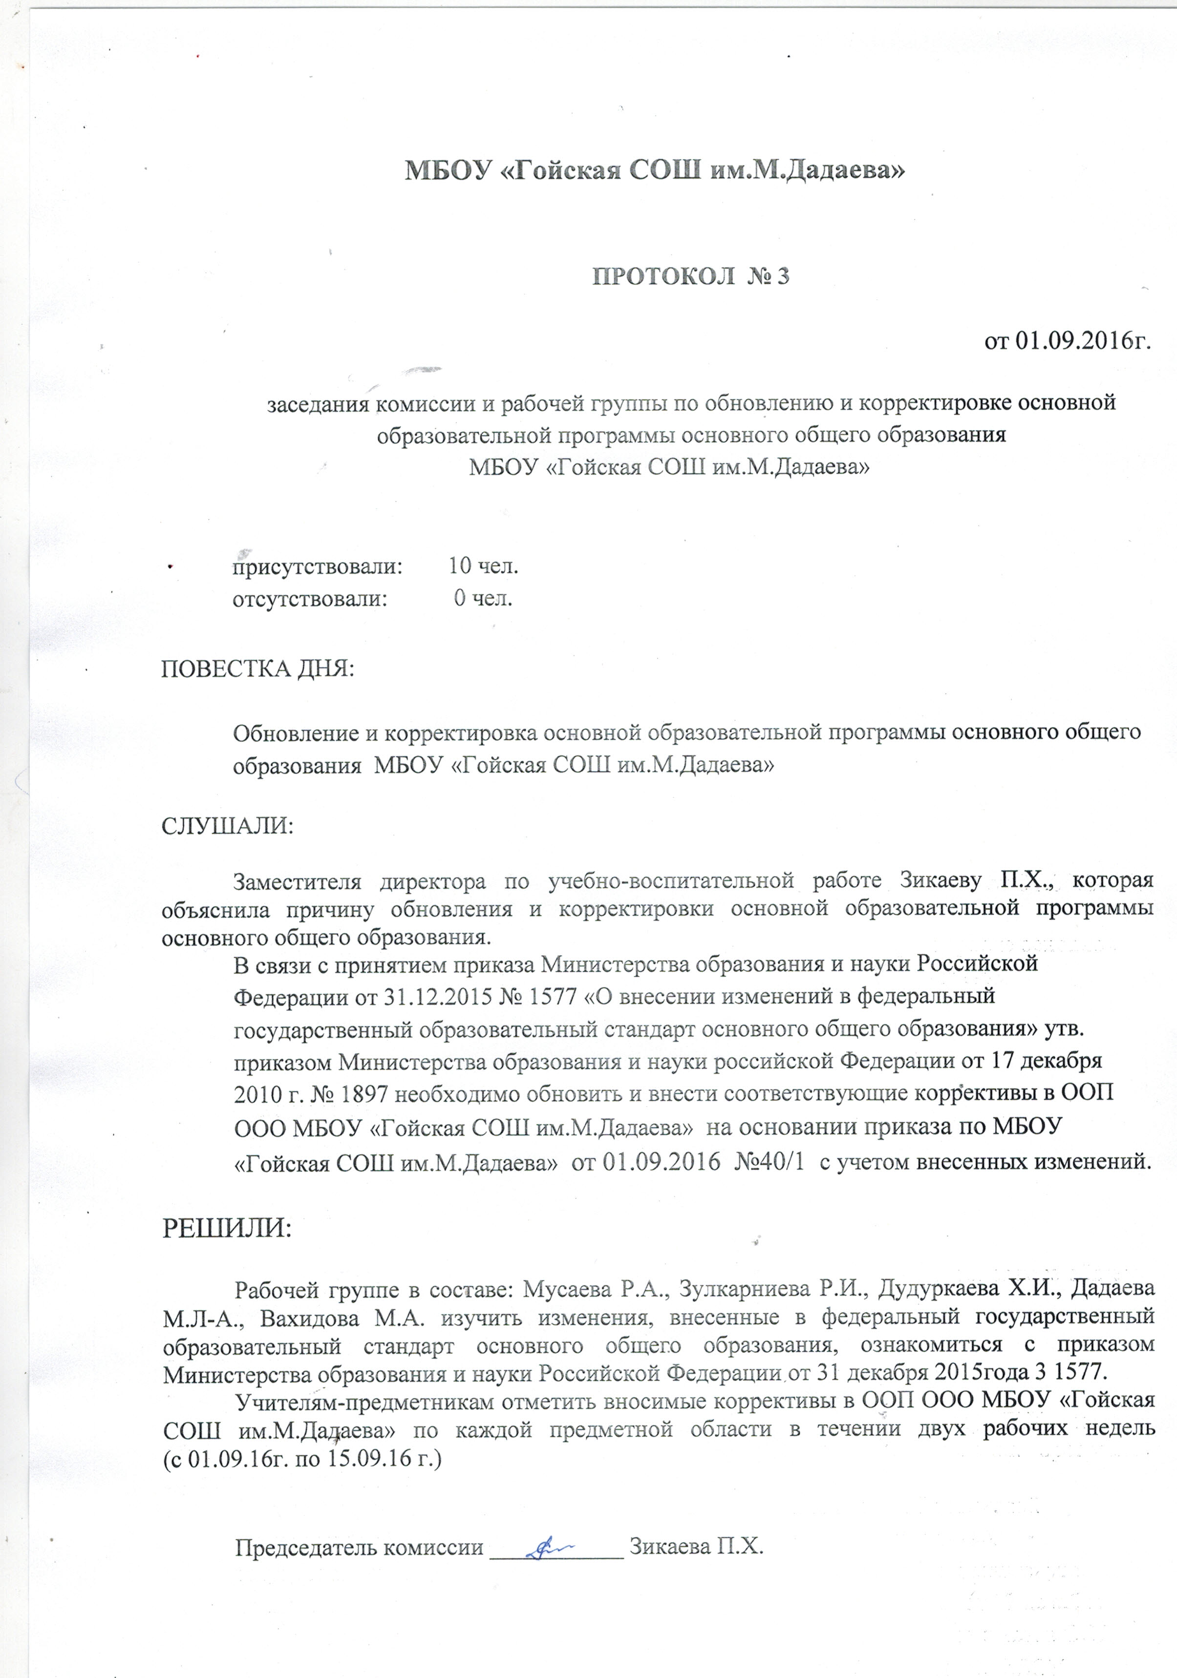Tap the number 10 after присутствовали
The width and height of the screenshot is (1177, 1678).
click(460, 566)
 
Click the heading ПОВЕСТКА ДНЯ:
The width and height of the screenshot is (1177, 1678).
click(257, 669)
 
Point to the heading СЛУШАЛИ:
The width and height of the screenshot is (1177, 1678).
click(227, 826)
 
